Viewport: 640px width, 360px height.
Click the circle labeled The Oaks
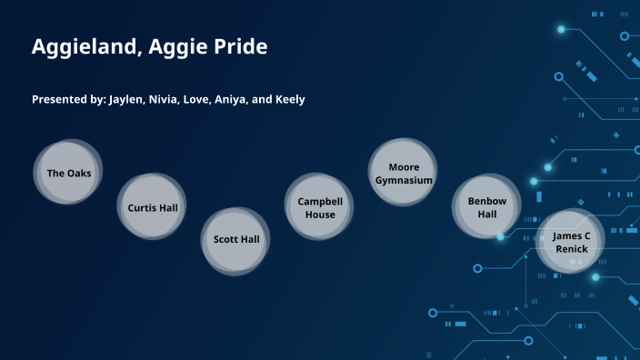[69, 173]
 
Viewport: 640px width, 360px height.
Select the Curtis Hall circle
[152, 207]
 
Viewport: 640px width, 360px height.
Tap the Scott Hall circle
[236, 240]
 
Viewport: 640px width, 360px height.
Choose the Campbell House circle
[319, 207]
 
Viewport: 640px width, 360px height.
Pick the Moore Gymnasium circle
[404, 173]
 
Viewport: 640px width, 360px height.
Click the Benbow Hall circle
[487, 207]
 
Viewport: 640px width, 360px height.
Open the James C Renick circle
[571, 242]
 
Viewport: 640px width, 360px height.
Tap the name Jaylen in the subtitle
[126, 99]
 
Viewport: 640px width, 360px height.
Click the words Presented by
[68, 99]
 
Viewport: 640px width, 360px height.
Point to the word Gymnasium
[404, 180]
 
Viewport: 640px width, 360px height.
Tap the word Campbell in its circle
[319, 201]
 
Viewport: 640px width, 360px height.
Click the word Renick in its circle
[572, 249]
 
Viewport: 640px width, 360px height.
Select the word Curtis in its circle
[142, 207]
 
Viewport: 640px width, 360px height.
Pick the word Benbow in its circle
[487, 201]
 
